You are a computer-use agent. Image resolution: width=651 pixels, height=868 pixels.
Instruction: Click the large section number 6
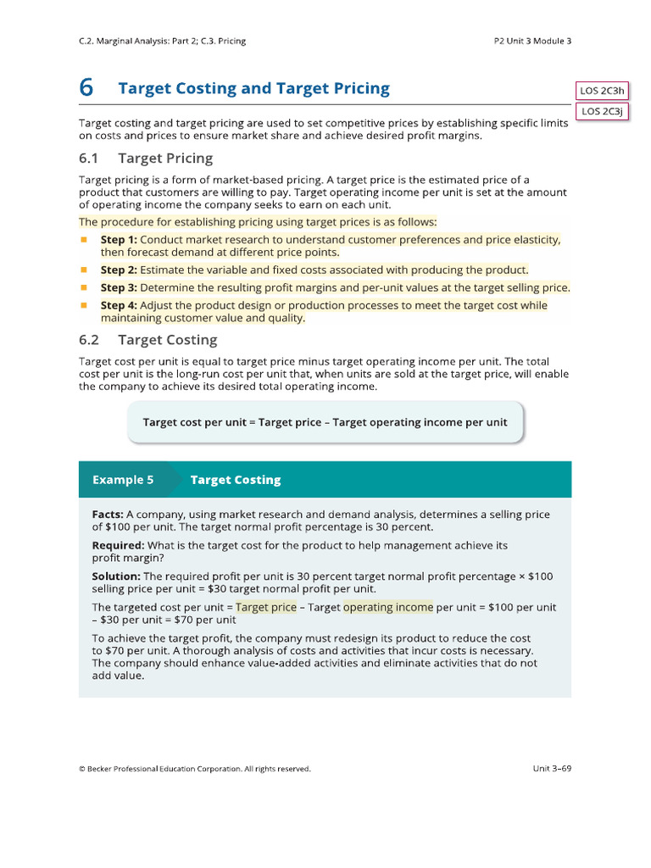pos(86,88)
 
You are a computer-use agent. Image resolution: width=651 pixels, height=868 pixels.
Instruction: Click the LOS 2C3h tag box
pos(601,92)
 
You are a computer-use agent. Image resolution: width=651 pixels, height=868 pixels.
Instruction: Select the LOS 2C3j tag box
pos(601,111)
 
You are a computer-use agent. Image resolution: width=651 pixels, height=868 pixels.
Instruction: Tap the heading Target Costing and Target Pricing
pos(253,88)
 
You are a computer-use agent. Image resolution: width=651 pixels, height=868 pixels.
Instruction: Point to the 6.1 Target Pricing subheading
pos(146,159)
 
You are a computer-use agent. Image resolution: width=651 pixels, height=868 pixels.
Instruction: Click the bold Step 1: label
pos(119,240)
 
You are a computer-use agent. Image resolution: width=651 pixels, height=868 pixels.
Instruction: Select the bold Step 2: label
pos(119,270)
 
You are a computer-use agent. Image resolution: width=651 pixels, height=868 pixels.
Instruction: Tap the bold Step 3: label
pos(119,287)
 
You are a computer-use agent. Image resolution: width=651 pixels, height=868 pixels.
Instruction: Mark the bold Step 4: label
pos(119,305)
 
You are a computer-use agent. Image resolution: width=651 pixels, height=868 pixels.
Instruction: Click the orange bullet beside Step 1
pos(84,240)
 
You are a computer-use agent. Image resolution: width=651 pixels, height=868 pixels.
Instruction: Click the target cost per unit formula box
pos(325,422)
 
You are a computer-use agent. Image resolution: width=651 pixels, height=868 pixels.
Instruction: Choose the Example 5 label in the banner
pos(123,480)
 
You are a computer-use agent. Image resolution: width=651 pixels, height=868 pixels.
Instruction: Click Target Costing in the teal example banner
pos(236,480)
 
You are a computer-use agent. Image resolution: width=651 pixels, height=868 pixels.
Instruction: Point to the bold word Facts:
pos(108,515)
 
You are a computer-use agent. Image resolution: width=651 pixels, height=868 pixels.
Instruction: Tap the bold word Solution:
pos(116,576)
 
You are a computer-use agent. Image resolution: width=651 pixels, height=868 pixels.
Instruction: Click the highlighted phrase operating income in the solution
pos(388,607)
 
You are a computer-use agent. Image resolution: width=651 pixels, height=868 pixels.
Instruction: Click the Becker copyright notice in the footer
pos(195,769)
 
